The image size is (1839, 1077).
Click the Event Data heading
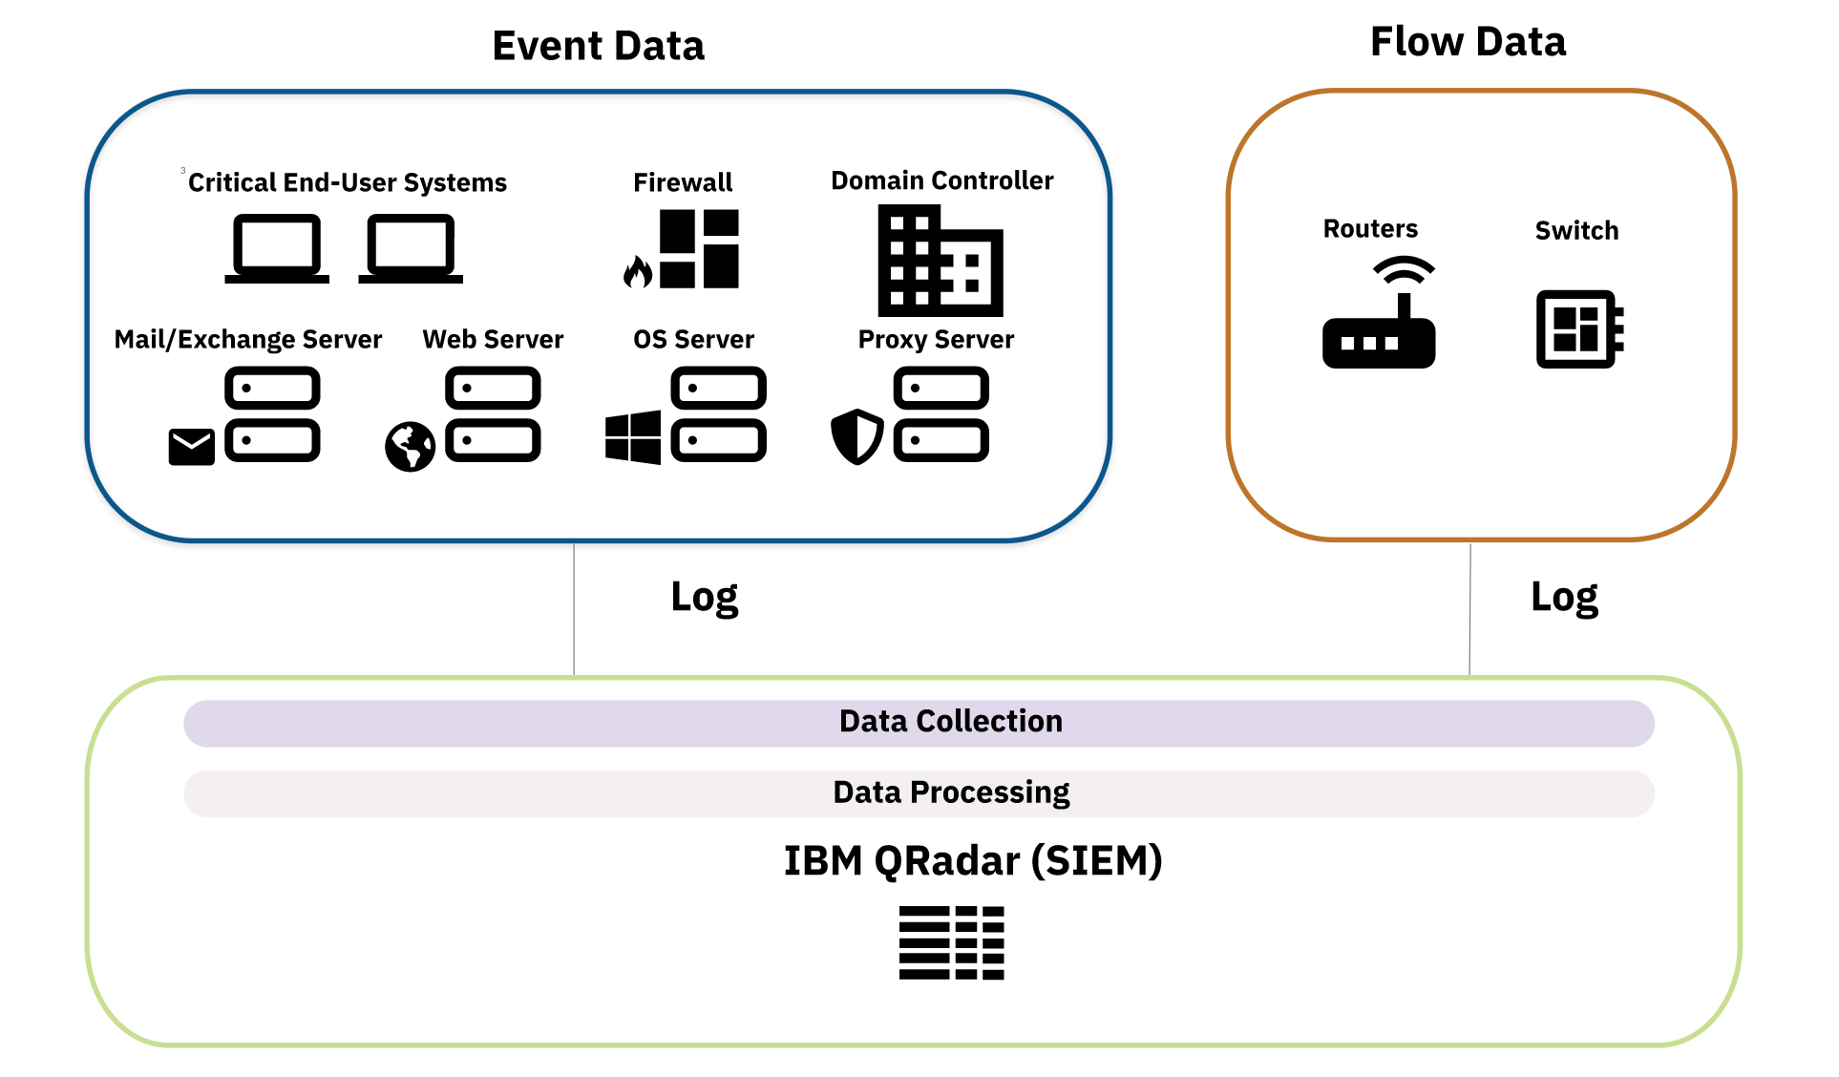click(x=598, y=46)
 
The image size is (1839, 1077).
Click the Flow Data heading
click(x=1468, y=42)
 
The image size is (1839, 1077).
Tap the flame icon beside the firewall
click(x=637, y=272)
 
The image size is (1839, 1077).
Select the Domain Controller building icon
click(x=940, y=261)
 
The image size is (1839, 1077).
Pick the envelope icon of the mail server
click(x=191, y=447)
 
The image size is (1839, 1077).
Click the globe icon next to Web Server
click(x=410, y=447)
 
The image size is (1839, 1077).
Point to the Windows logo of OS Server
click(x=632, y=437)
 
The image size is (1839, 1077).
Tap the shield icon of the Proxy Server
click(x=856, y=436)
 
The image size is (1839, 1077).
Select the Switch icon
click(x=1579, y=328)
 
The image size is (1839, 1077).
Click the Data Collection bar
click(x=919, y=723)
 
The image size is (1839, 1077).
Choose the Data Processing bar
click(x=919, y=793)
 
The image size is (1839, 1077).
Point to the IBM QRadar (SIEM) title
click(x=972, y=860)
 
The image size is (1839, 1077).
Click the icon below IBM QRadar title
click(x=951, y=942)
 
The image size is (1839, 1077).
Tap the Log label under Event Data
click(x=704, y=598)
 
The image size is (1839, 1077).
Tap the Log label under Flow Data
click(x=1563, y=598)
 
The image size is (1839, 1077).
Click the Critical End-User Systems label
click(x=347, y=182)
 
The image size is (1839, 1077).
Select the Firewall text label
click(x=683, y=182)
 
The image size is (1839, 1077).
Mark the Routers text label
click(x=1369, y=229)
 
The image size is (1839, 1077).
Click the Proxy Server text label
click(x=936, y=340)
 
